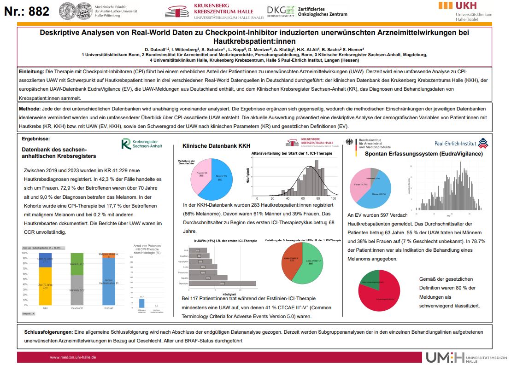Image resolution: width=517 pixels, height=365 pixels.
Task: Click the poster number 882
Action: click(x=26, y=11)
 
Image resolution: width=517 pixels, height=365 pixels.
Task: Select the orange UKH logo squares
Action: click(x=445, y=5)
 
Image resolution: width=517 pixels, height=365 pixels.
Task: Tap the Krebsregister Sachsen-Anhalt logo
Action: click(x=141, y=144)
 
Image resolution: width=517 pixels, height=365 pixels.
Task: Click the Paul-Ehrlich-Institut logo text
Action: click(x=455, y=144)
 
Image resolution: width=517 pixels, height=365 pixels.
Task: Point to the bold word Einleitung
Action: click(x=31, y=72)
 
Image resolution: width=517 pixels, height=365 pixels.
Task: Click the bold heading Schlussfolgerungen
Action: click(x=48, y=332)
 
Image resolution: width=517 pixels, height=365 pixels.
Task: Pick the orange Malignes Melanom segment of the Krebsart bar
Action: click(x=107, y=255)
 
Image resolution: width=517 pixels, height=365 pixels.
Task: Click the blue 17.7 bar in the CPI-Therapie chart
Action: click(x=141, y=303)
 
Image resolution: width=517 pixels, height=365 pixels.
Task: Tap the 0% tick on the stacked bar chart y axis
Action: click(x=25, y=305)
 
